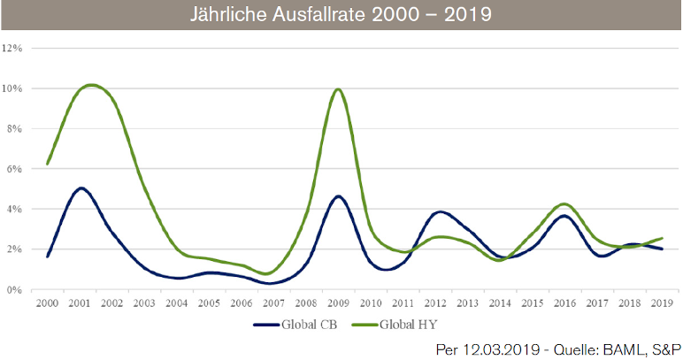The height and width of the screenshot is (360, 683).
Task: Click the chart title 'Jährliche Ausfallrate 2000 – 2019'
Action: pos(341,15)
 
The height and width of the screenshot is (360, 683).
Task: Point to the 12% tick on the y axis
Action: pos(13,49)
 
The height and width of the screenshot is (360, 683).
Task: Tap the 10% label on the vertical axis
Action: pos(13,88)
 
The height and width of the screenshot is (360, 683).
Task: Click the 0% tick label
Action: pos(16,289)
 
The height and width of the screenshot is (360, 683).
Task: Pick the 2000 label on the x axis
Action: pos(47,303)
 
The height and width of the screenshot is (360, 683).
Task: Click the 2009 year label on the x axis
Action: pos(338,303)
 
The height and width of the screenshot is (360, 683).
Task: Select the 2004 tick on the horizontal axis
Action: pos(176,303)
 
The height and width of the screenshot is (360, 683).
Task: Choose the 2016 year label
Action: pos(564,303)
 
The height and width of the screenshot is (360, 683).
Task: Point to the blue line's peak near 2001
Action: pos(81,188)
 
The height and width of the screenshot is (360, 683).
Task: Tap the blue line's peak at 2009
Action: pos(338,196)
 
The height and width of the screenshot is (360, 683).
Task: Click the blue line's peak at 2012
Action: pos(440,212)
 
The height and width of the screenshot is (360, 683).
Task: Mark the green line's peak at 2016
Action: pos(564,204)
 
